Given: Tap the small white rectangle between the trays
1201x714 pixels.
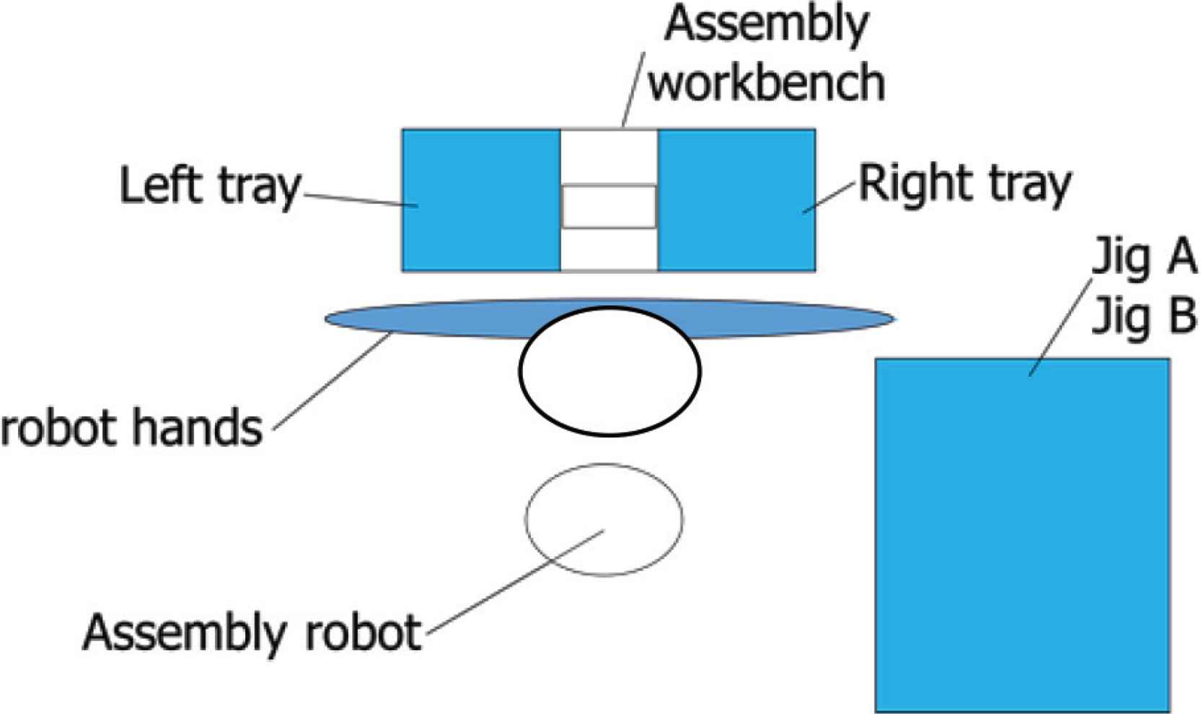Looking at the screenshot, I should coord(609,207).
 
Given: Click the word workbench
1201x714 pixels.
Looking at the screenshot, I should coord(767,81).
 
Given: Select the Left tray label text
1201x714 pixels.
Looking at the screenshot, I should coord(209,186).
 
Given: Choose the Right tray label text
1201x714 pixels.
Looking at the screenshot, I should coord(964,185).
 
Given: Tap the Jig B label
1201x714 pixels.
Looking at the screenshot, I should coord(1144,316).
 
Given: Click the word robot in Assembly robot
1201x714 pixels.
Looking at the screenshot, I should coord(363,633).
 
